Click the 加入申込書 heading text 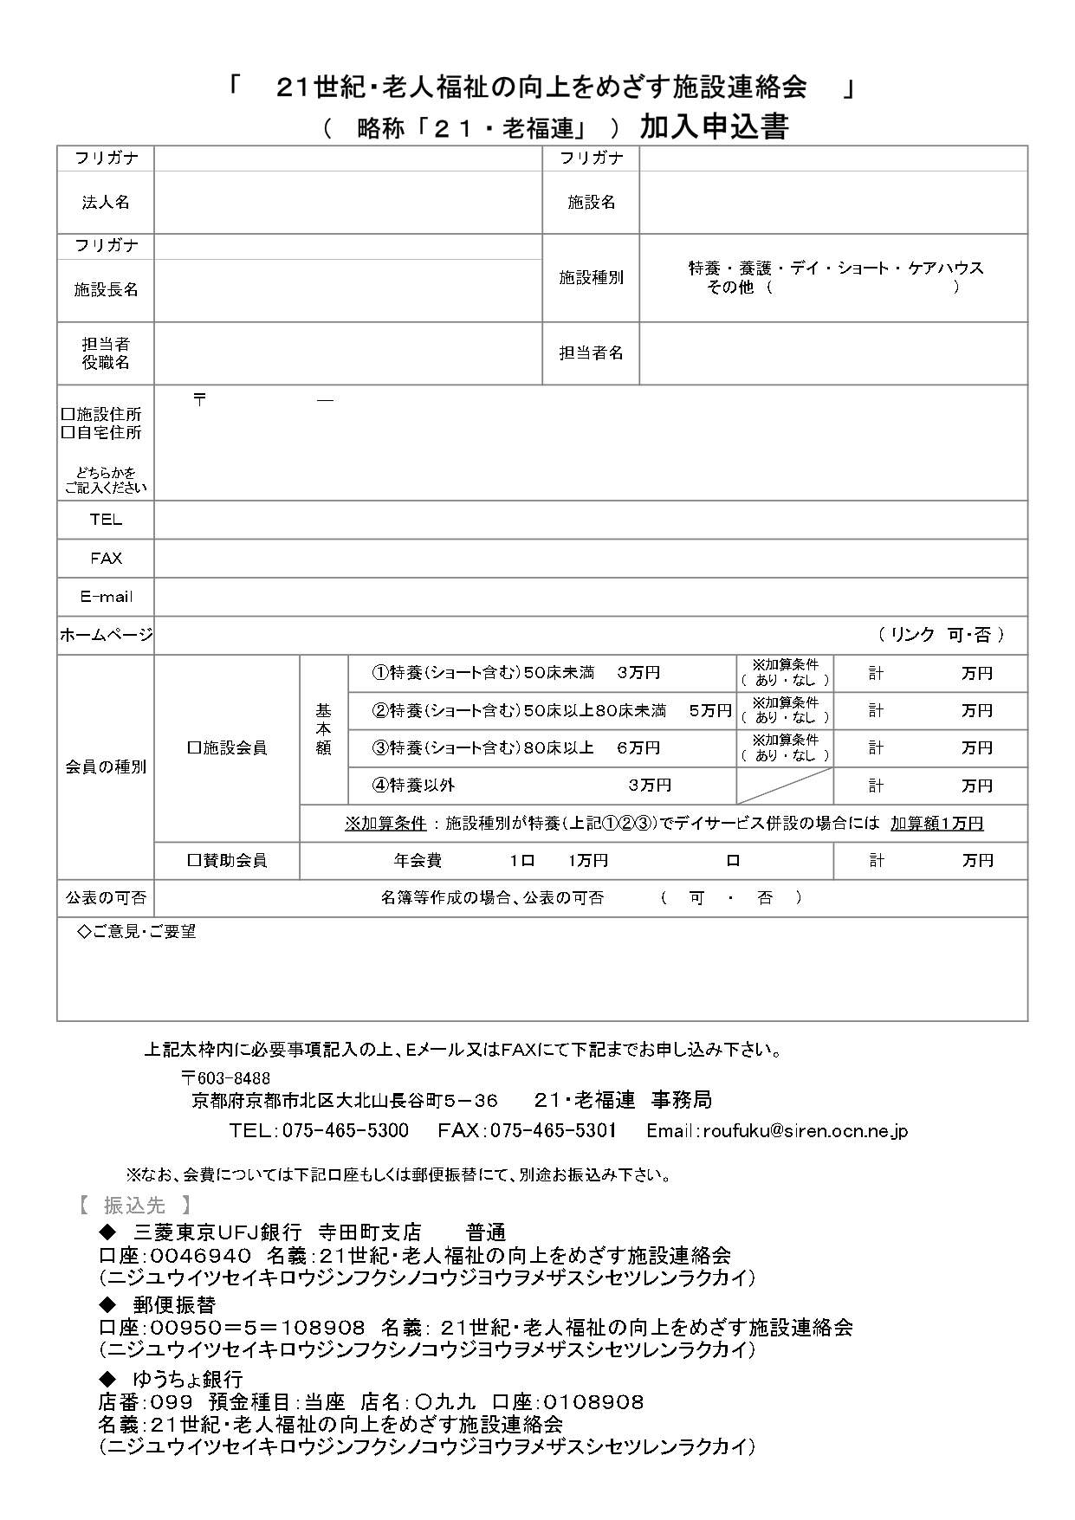coord(714,128)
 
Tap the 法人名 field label coord(106,202)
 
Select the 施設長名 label coord(106,289)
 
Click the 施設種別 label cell coord(591,277)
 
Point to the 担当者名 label coord(591,353)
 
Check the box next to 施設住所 coord(67,415)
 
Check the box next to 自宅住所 coord(67,433)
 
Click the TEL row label coord(106,520)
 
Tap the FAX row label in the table coord(106,559)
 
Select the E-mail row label coord(106,597)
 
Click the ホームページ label coord(106,635)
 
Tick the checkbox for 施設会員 coord(194,747)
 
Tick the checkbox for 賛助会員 coord(194,861)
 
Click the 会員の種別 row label coord(106,766)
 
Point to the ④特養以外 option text coord(413,786)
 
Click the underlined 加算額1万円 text coord(936,823)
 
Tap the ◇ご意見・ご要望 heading coord(138,932)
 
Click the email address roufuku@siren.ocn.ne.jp coord(805,1130)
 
